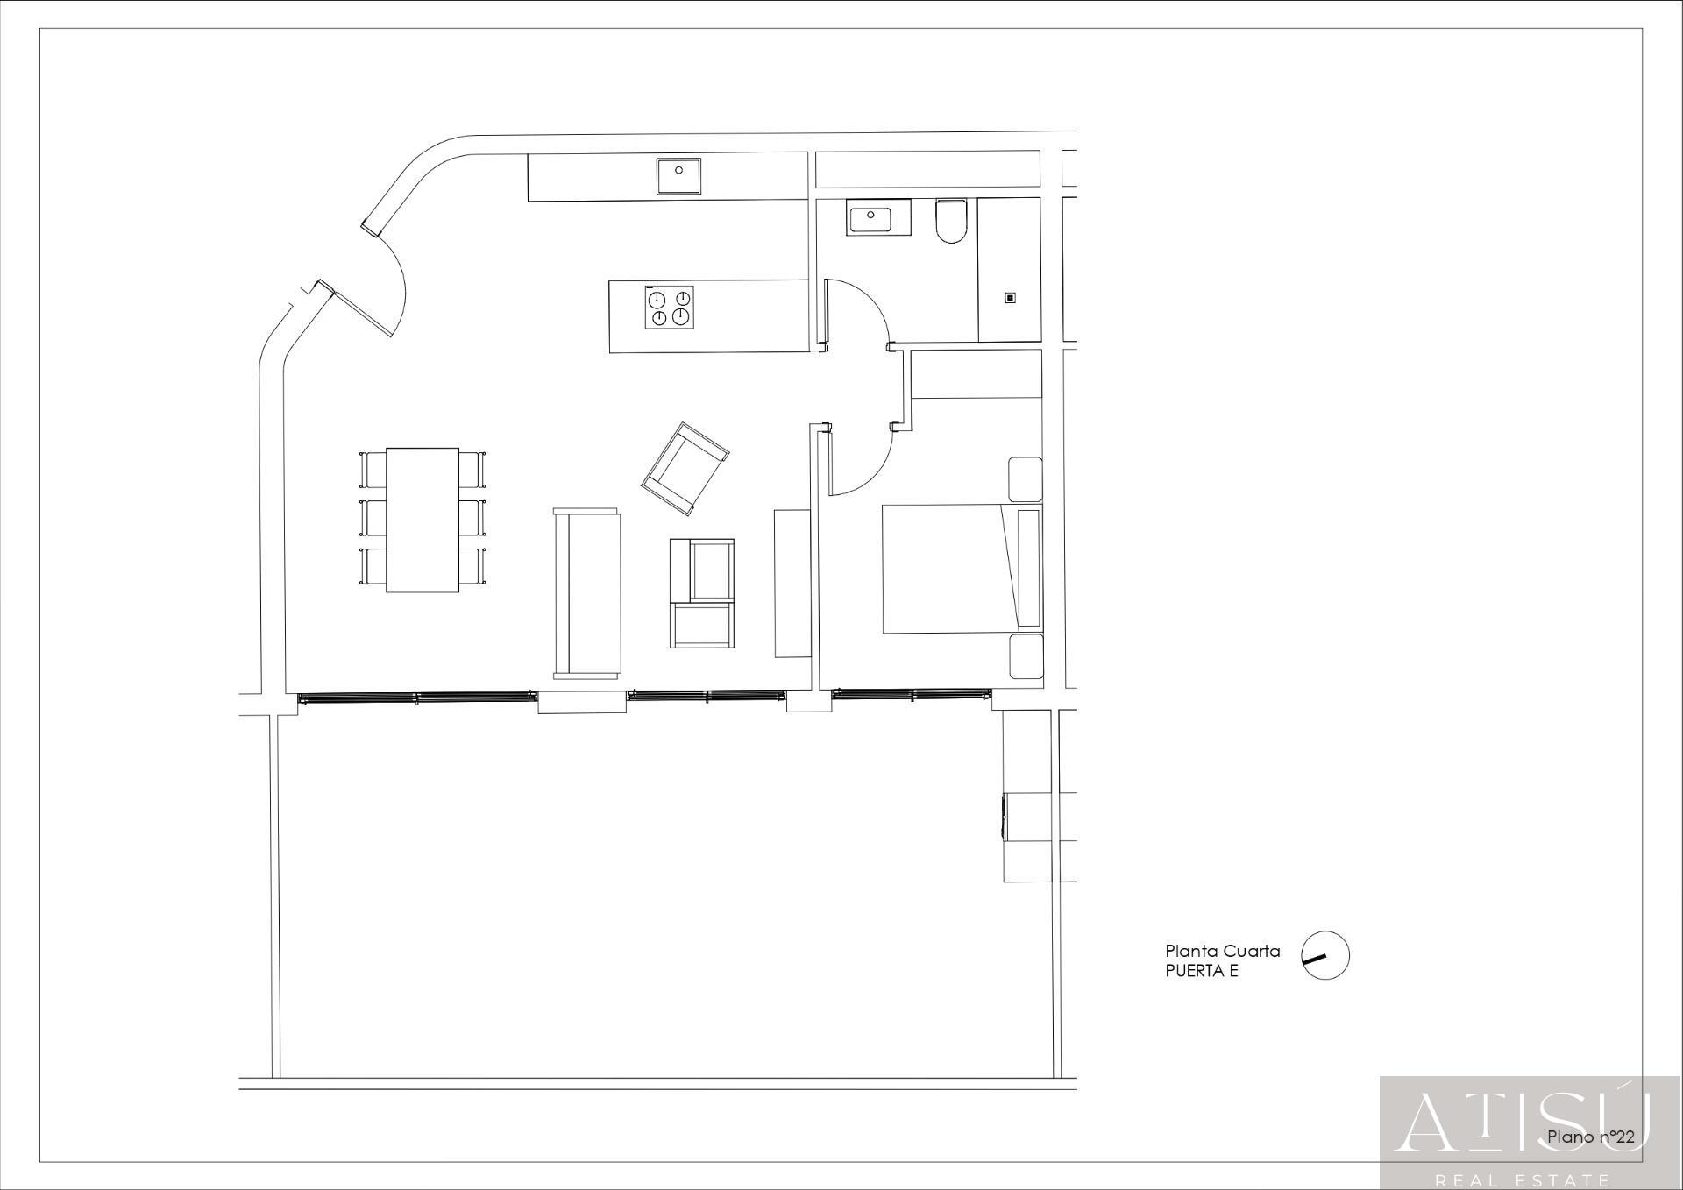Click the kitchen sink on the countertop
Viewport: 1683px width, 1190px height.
point(678,176)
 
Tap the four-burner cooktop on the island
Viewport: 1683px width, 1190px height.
point(670,308)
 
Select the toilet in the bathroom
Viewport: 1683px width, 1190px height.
point(950,221)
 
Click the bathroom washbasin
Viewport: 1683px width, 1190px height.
point(878,217)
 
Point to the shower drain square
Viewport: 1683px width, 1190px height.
point(1010,298)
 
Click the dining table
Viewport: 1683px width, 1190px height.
point(423,520)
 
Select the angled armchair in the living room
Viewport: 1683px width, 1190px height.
point(685,469)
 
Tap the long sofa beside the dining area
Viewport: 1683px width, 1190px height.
point(586,593)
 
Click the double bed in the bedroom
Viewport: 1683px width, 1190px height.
point(962,568)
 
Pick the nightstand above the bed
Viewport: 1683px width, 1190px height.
point(1025,478)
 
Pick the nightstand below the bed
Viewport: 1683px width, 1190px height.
point(1026,657)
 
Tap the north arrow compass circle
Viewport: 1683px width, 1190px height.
point(1325,955)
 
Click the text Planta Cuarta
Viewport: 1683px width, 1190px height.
point(1222,951)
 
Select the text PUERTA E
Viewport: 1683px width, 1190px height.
point(1202,971)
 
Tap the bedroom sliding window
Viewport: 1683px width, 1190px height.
point(912,694)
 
